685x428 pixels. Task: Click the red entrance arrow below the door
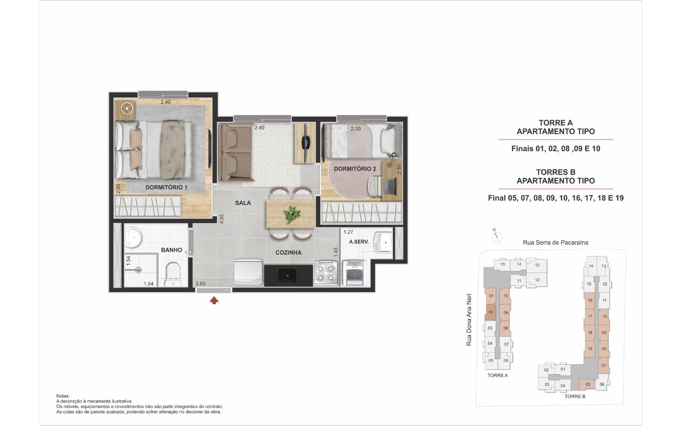pyautogui.click(x=214, y=301)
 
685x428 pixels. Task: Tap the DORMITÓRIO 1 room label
pyautogui.click(x=166, y=187)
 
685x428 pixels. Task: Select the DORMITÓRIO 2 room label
pyautogui.click(x=355, y=169)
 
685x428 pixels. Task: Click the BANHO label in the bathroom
pyautogui.click(x=172, y=250)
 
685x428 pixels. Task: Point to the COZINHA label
pyautogui.click(x=288, y=253)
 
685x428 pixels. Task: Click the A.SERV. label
pyautogui.click(x=359, y=242)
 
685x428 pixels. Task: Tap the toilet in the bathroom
pyautogui.click(x=173, y=274)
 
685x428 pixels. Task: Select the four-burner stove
pyautogui.click(x=326, y=273)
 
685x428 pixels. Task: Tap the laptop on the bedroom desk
pyautogui.click(x=390, y=186)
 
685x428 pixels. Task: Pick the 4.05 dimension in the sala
pyautogui.click(x=222, y=219)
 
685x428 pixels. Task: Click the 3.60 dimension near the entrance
pyautogui.click(x=200, y=284)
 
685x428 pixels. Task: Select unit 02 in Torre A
pyautogui.click(x=491, y=312)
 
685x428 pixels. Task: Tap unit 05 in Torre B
pyautogui.click(x=588, y=384)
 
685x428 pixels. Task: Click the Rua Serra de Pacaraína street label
pyautogui.click(x=556, y=243)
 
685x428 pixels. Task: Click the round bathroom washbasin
pyautogui.click(x=133, y=237)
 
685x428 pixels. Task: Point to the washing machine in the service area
pyautogui.click(x=354, y=272)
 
